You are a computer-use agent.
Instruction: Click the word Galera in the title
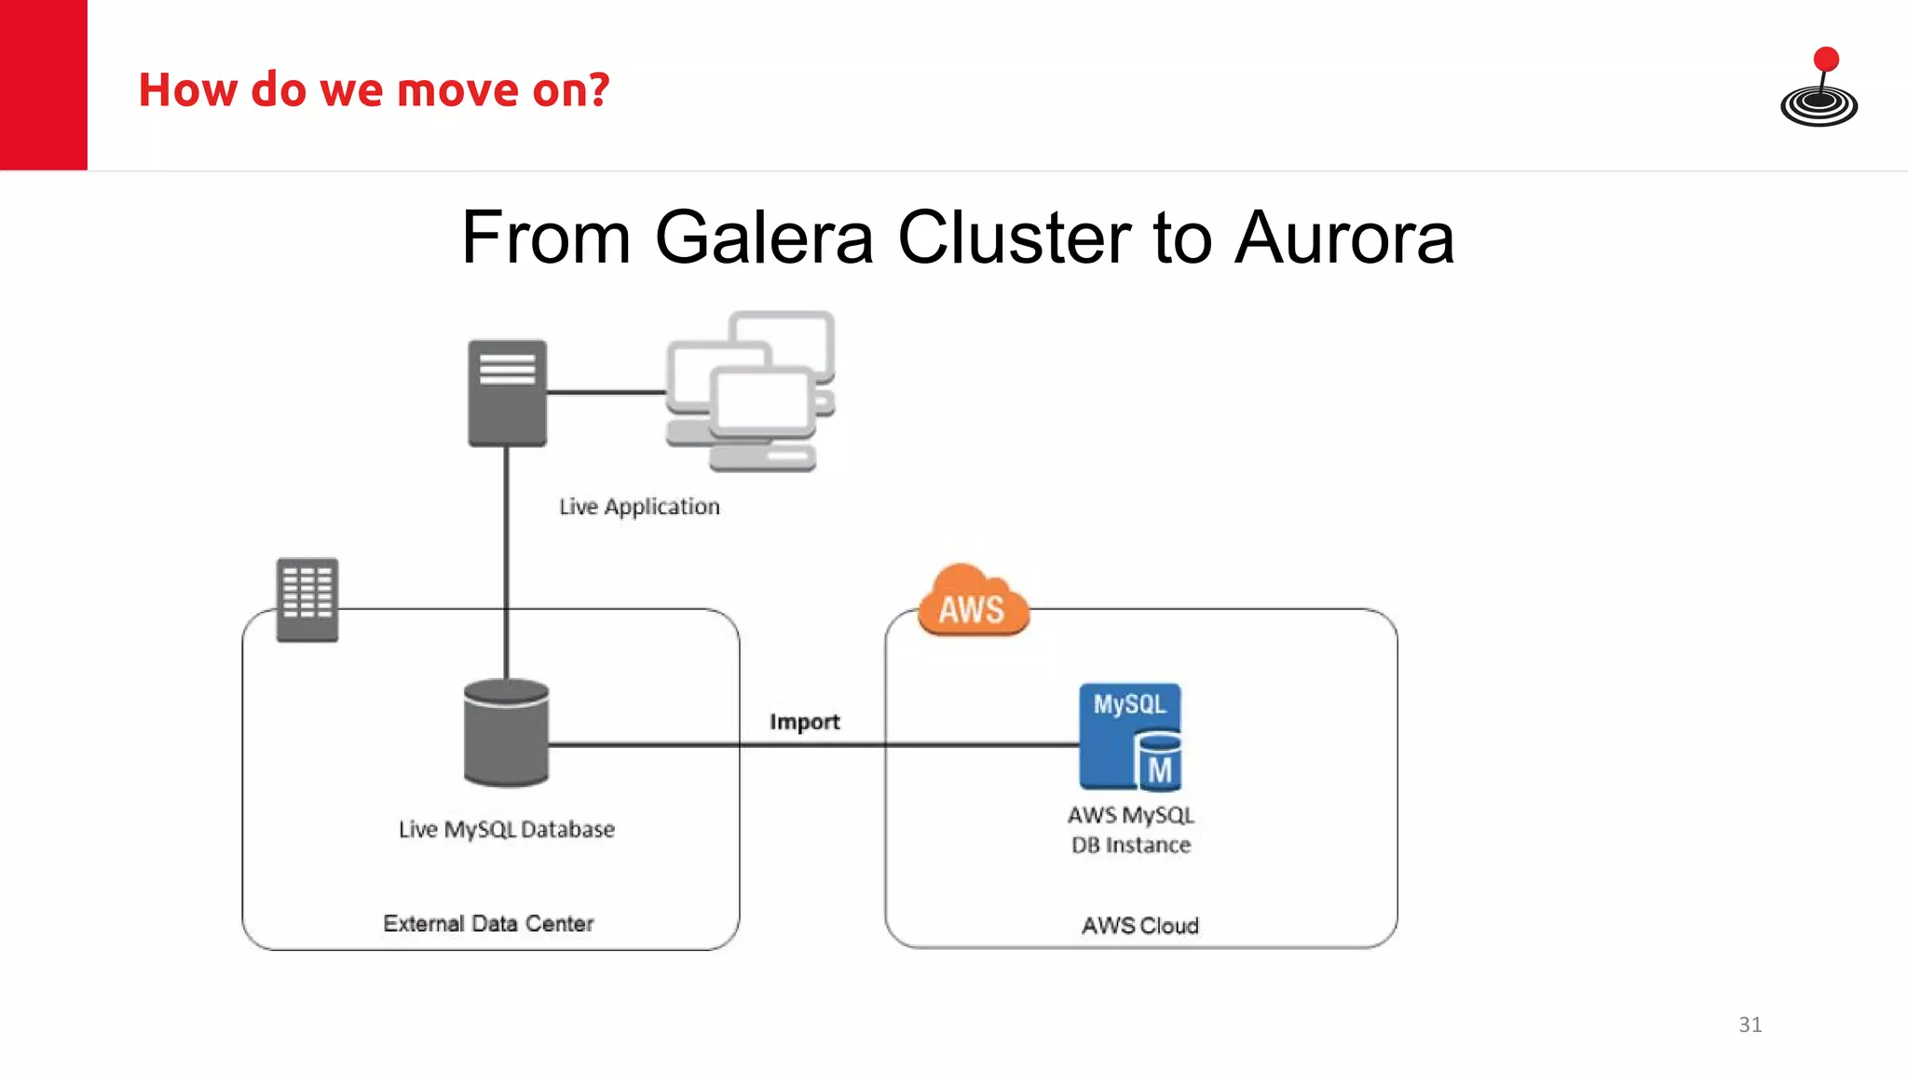[763, 238]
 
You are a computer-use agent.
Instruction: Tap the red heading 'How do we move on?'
[374, 90]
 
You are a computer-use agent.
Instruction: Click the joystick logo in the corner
[1819, 88]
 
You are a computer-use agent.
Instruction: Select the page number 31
[1750, 1025]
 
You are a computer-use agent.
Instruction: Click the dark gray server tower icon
[507, 393]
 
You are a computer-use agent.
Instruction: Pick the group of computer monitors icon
[751, 391]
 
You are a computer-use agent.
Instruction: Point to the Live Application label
[639, 507]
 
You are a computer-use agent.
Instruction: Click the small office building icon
[307, 599]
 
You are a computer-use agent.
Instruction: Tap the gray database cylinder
[506, 733]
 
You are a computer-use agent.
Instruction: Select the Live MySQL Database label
[506, 829]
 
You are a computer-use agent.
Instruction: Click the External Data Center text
[488, 923]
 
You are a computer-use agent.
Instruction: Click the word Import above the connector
[804, 722]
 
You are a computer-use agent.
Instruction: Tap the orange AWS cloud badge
[973, 604]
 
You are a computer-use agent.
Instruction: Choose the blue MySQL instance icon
[1130, 737]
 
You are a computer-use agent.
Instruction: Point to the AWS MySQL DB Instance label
[1130, 830]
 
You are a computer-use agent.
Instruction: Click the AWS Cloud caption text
[1139, 925]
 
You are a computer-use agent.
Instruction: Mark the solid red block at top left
[43, 85]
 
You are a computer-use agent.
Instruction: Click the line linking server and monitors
[606, 392]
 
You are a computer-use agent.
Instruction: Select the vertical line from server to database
[506, 559]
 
